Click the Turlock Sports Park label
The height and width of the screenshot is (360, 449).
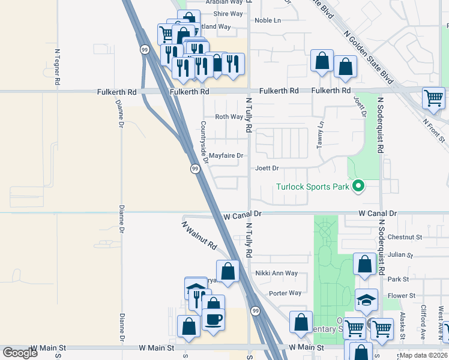(312, 187)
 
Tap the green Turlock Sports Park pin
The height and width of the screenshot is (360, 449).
(358, 186)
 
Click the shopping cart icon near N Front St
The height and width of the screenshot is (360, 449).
(433, 97)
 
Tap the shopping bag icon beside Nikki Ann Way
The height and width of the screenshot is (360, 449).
(228, 271)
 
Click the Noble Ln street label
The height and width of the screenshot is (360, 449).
(268, 20)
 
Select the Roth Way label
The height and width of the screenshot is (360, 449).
(229, 117)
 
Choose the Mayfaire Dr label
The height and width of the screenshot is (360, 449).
(226, 156)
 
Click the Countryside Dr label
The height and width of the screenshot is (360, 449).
(204, 142)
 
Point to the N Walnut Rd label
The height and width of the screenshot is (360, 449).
(199, 236)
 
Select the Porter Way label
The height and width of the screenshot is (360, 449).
(285, 293)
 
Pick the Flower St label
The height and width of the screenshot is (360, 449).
(402, 296)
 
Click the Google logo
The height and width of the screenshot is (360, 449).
(20, 353)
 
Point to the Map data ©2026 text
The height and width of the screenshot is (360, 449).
(423, 355)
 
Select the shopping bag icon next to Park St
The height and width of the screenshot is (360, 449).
(364, 264)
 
